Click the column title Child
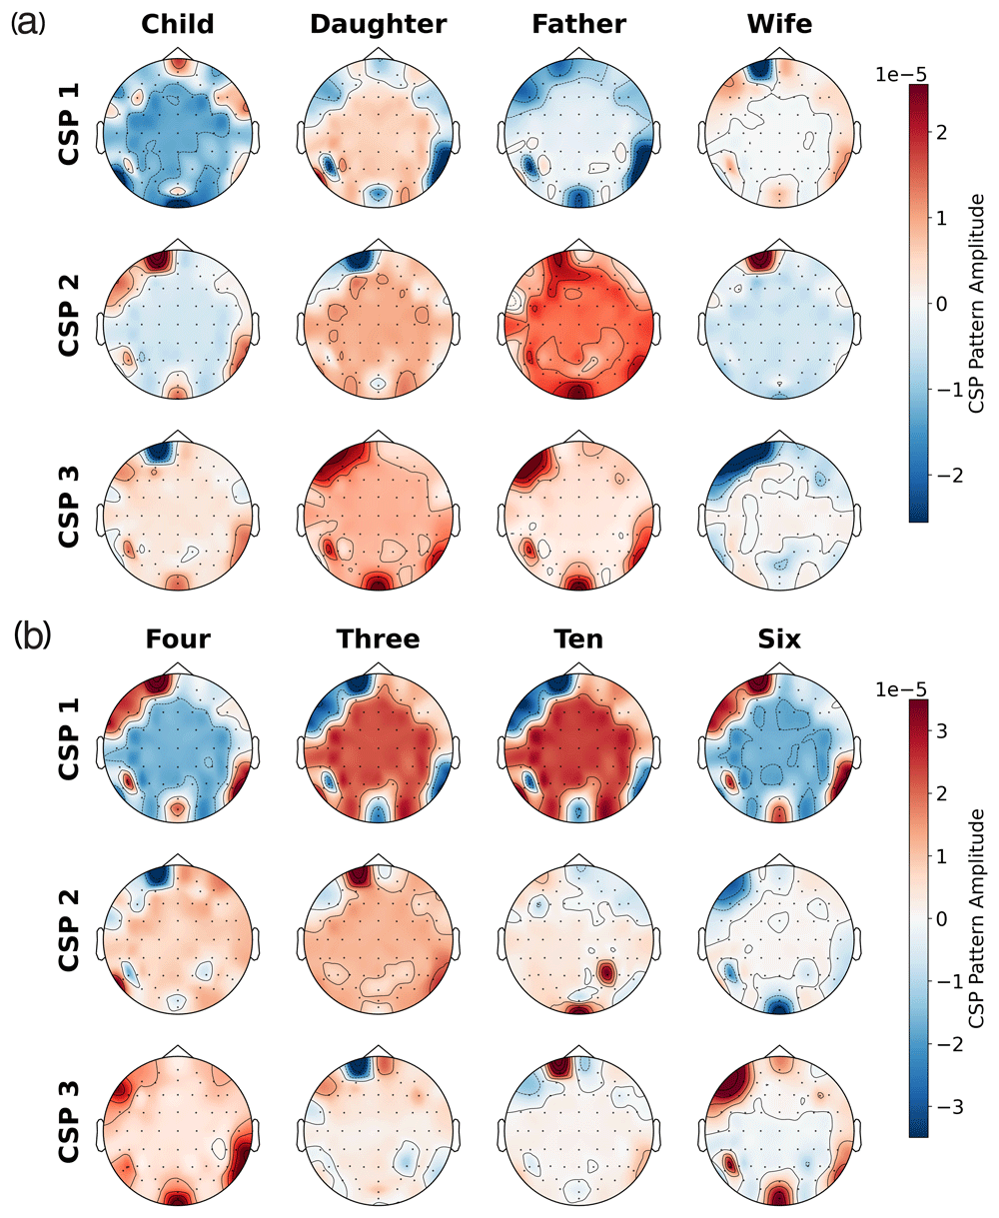click(178, 24)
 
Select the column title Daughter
click(379, 24)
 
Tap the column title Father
click(579, 24)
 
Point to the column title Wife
click(780, 24)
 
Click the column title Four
click(178, 638)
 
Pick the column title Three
click(379, 638)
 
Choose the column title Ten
click(579, 638)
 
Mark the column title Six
click(780, 638)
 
